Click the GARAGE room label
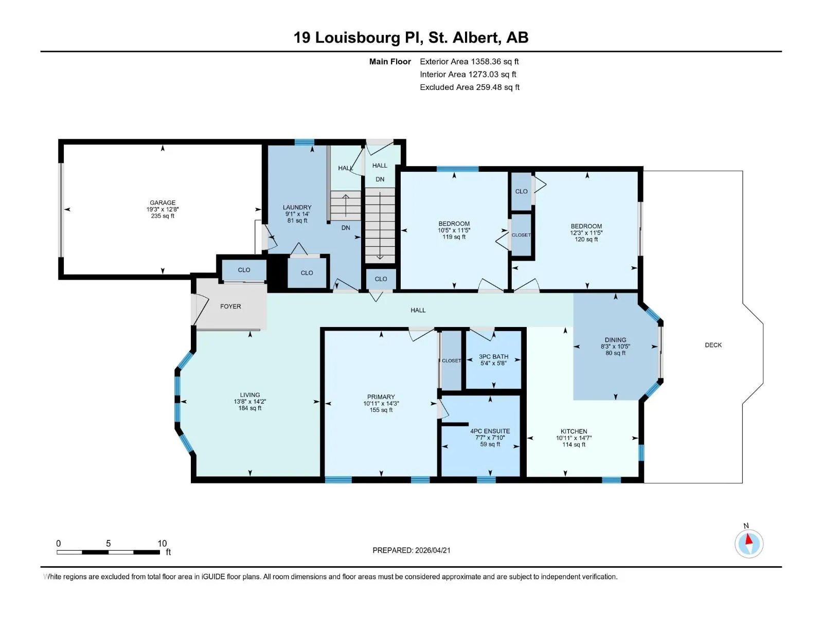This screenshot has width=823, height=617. tap(163, 203)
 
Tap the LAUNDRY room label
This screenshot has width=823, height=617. tap(297, 207)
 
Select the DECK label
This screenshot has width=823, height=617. tap(713, 345)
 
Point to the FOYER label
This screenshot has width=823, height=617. tap(230, 306)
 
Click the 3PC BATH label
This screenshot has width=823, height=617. tap(493, 357)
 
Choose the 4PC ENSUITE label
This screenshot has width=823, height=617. tap(490, 431)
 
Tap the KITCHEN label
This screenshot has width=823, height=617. tap(574, 431)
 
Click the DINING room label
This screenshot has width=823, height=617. tap(615, 340)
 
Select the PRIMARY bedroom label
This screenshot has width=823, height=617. tap(381, 397)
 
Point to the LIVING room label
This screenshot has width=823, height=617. tap(249, 395)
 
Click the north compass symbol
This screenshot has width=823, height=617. tap(749, 543)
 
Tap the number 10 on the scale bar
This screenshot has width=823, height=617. tap(162, 543)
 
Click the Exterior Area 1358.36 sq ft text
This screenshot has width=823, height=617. tap(469, 62)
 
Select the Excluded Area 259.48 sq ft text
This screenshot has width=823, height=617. tap(470, 87)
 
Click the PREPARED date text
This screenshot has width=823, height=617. tap(411, 550)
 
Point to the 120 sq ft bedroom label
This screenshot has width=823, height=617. tap(586, 240)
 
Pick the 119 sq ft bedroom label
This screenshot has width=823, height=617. tap(454, 237)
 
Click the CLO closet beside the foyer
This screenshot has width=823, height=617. tap(244, 270)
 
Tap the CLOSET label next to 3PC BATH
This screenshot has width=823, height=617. tap(451, 361)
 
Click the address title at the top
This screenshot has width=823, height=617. tap(411, 38)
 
